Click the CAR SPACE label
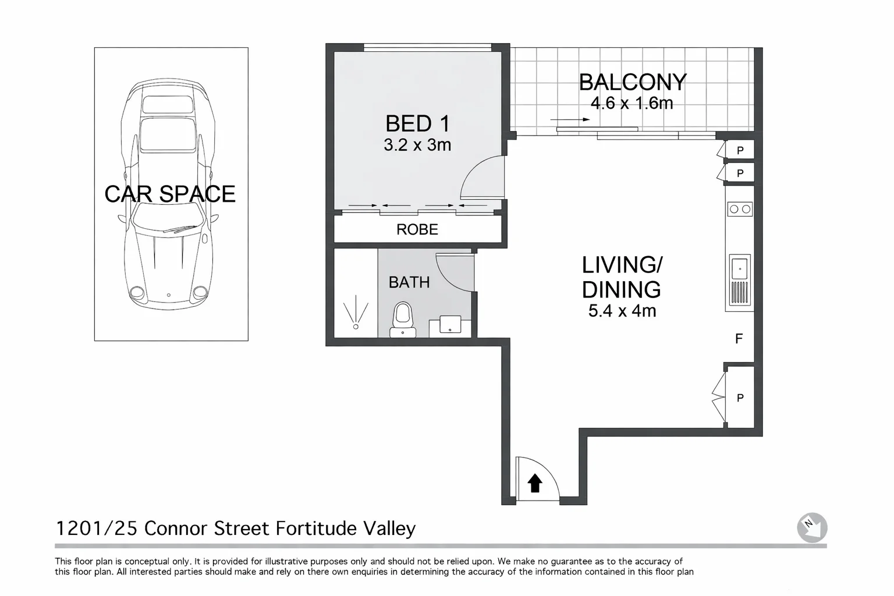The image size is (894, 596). (x=169, y=194)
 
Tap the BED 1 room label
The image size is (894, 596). (x=417, y=123)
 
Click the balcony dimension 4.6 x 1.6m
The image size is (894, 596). (x=632, y=104)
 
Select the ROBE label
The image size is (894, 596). (x=417, y=229)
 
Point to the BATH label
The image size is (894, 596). (x=409, y=282)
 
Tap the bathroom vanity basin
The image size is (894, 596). (x=449, y=324)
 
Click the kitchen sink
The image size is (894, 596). (x=740, y=268)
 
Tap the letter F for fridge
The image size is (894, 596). (x=739, y=339)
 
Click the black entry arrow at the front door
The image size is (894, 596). (x=535, y=483)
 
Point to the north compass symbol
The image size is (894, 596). (x=812, y=527)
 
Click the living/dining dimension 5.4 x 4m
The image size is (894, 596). (x=622, y=311)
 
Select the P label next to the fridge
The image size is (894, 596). (x=740, y=398)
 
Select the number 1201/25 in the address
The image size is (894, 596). (x=96, y=528)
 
